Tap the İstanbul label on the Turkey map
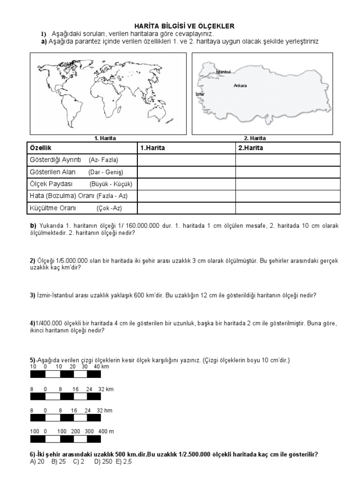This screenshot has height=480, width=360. [x=223, y=72]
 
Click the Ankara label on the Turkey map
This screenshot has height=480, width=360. [x=240, y=86]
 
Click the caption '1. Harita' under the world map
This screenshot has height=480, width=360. [x=105, y=138]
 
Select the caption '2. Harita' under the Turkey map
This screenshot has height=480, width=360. [x=255, y=138]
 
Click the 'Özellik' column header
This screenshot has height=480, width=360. [x=41, y=148]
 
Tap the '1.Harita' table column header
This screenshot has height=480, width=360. [x=153, y=148]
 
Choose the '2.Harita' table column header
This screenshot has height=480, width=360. [x=251, y=148]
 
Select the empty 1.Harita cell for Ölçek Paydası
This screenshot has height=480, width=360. [x=186, y=184]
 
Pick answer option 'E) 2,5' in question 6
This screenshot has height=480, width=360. [x=124, y=461]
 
